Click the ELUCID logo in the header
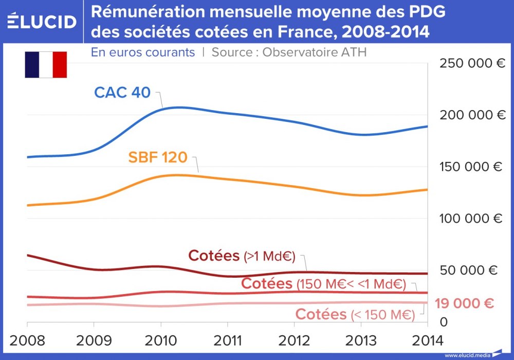click(42, 22)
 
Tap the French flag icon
click(46, 65)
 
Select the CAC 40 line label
click(122, 93)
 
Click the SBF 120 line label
click(158, 157)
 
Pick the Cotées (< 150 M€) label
click(355, 314)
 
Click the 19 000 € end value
click(464, 303)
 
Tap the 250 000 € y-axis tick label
click(472, 63)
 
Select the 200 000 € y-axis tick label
click(472, 115)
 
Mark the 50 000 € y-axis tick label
click(469, 271)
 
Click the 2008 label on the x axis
click(27, 340)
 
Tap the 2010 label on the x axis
click(161, 340)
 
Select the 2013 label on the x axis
click(361, 340)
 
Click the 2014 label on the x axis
click(427, 340)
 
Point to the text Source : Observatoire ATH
click(289, 52)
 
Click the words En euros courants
click(143, 52)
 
